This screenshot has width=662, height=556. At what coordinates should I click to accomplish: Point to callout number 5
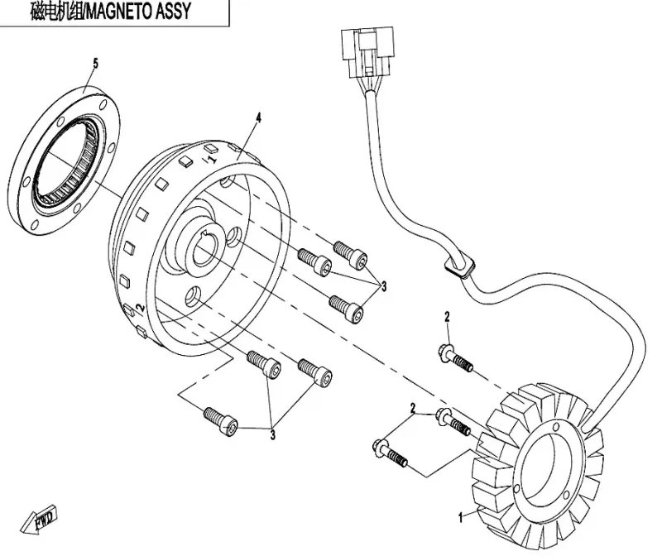click(x=95, y=63)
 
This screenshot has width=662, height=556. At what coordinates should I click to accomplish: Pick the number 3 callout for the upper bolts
click(x=383, y=286)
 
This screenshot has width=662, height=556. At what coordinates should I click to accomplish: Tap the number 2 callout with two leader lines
click(x=412, y=407)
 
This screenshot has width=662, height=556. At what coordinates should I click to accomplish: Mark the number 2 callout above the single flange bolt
click(x=447, y=317)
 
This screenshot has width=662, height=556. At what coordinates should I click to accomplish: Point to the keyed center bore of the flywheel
click(x=208, y=247)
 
